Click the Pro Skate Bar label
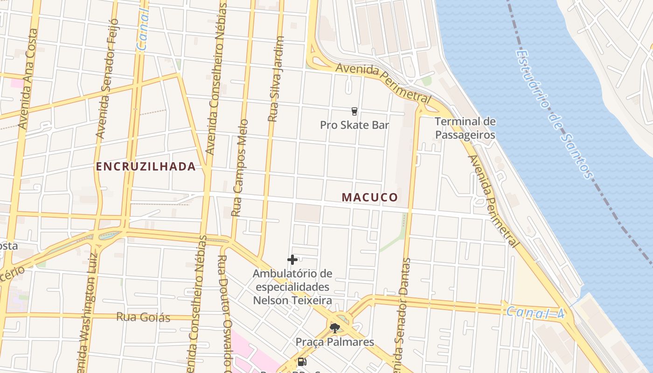tap(354, 125)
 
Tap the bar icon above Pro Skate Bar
tap(354, 111)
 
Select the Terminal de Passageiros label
tap(465, 128)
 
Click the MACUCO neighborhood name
tap(370, 197)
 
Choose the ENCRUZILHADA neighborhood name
tap(146, 166)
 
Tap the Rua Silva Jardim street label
tap(276, 79)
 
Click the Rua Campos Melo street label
tap(240, 168)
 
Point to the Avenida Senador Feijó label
tap(106, 79)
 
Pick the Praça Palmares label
tap(335, 342)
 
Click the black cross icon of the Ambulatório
tap(292, 260)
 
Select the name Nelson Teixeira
tap(292, 300)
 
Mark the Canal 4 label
tap(535, 312)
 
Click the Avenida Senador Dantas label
tap(402, 317)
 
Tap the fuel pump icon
tap(302, 362)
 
